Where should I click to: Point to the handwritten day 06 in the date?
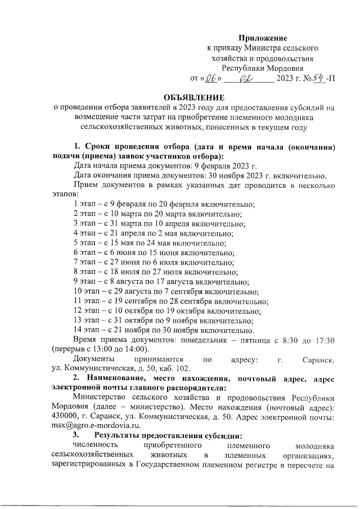click(211, 78)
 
